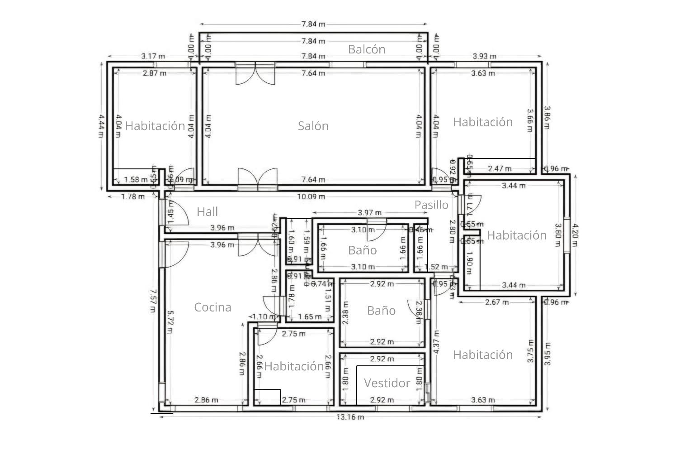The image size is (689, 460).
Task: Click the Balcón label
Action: [x=366, y=49]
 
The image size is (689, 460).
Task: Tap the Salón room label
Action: [x=313, y=126]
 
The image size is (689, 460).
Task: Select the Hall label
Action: [x=207, y=211]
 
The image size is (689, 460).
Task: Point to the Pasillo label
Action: [x=431, y=205]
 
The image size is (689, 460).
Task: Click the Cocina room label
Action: [x=212, y=307]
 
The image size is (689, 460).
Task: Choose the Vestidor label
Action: [x=387, y=383]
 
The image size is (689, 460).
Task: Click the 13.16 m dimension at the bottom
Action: [x=350, y=417]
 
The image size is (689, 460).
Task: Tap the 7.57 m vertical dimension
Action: [x=153, y=301]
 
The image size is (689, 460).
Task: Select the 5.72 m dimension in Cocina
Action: [x=170, y=321]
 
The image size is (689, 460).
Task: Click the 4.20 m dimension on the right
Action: [x=574, y=234]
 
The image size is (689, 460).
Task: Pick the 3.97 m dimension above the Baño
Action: [x=369, y=212]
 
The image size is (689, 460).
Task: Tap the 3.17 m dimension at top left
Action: [x=153, y=56]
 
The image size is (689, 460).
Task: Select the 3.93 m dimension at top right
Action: [x=484, y=56]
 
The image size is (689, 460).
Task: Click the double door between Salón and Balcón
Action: [x=255, y=74]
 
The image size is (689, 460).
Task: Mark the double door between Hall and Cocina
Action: [x=258, y=244]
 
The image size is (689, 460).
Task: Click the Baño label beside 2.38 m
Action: [x=381, y=311]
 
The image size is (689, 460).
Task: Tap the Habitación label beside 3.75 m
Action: [x=483, y=355]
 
